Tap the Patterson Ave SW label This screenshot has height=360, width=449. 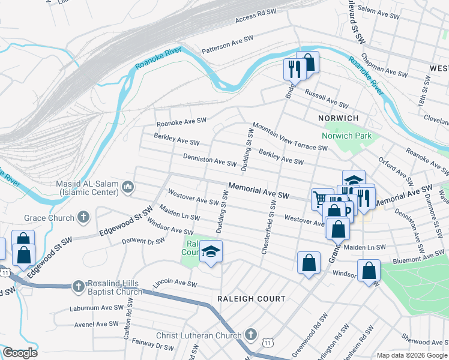tap(228, 45)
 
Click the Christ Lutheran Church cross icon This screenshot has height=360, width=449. tap(251, 335)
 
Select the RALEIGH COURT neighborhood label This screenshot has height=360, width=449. tap(252, 298)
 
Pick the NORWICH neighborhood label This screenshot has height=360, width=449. tap(339, 118)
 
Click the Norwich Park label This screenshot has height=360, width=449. tap(346, 136)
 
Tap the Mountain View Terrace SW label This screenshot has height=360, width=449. tap(289, 137)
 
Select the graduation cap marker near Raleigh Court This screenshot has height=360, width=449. tap(211, 251)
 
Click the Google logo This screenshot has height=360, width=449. tap(20, 353)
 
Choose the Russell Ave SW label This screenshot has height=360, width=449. tap(327, 100)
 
